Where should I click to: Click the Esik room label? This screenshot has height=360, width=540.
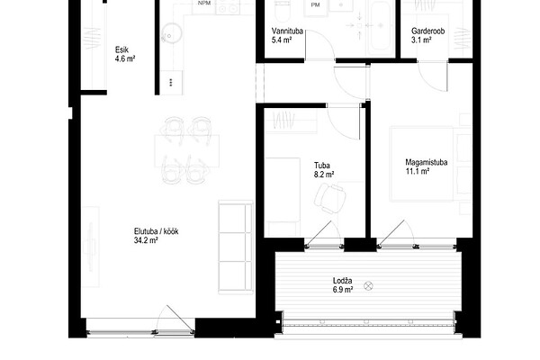(121, 50)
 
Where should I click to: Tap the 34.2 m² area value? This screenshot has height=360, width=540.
(146, 240)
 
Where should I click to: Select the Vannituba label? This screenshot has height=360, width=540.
(287, 31)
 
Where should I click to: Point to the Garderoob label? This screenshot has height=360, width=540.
(428, 31)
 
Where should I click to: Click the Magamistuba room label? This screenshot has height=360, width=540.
(427, 162)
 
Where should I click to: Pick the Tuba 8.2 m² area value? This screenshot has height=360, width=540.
(324, 175)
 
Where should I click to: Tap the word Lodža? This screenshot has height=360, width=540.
(342, 281)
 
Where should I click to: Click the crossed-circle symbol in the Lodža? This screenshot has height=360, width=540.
(368, 286)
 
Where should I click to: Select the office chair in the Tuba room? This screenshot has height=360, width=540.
(329, 198)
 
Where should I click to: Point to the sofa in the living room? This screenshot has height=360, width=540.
(236, 247)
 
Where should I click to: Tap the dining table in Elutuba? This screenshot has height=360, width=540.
(187, 151)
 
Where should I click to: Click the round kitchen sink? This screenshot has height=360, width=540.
(171, 33)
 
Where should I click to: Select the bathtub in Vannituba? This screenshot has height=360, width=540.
(382, 28)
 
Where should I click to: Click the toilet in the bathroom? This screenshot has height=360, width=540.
(283, 10)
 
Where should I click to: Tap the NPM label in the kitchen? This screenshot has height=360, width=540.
(204, 3)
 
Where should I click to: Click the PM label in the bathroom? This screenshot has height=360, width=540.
(315, 4)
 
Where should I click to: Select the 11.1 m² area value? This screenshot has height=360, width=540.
(417, 171)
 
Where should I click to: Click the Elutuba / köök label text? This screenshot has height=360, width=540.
(156, 231)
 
